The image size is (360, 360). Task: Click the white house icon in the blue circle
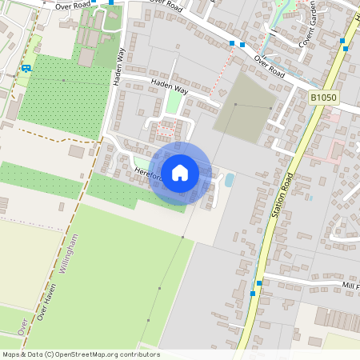180,173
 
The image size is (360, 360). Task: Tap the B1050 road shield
322,97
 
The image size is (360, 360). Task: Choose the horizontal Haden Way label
168,86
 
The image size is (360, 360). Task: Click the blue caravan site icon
26,68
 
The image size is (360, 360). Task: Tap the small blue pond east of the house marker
230,180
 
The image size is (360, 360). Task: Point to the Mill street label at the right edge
350,286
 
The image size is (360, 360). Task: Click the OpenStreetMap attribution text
81,354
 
